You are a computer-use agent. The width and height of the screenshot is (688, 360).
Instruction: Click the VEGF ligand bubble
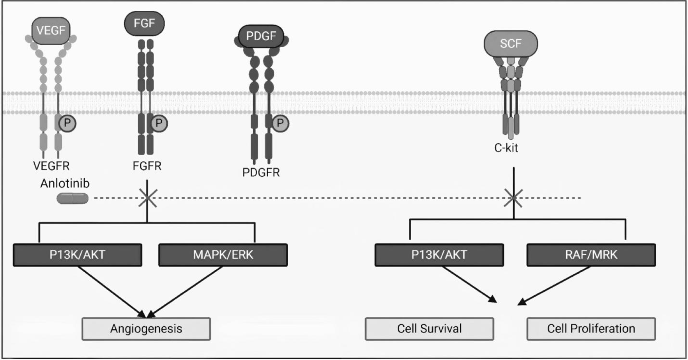click(x=51, y=31)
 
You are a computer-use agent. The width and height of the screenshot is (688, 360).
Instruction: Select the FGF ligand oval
click(x=144, y=23)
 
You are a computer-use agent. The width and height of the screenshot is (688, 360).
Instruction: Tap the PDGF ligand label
click(x=261, y=36)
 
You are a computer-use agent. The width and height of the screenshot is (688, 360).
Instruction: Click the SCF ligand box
click(x=510, y=43)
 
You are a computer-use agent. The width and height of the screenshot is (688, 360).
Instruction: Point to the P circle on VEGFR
click(x=67, y=123)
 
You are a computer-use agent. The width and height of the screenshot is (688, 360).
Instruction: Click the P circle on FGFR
click(x=159, y=123)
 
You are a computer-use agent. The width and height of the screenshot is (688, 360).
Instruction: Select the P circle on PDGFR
click(x=280, y=123)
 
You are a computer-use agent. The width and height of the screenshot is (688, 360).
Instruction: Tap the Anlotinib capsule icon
click(x=72, y=198)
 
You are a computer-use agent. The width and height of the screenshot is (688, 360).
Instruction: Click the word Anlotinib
click(x=65, y=183)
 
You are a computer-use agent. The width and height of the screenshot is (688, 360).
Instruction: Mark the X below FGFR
click(x=147, y=198)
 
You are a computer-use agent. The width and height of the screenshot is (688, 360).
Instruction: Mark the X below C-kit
click(x=514, y=198)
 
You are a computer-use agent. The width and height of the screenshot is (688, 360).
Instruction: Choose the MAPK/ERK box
click(x=223, y=255)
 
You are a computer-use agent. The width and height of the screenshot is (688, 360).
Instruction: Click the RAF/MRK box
click(x=591, y=255)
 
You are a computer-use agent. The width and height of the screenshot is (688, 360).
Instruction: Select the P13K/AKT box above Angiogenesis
click(x=77, y=255)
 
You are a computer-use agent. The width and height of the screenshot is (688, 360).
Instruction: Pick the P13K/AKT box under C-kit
click(x=439, y=255)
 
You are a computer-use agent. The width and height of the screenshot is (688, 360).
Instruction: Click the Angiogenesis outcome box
click(x=146, y=329)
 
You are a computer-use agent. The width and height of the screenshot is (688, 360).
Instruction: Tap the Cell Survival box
click(x=429, y=329)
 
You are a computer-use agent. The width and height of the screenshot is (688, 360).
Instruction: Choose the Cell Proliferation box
click(x=591, y=329)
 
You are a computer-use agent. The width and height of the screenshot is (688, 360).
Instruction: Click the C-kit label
click(x=506, y=148)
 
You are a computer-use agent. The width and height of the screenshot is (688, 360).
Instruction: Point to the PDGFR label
click(x=261, y=173)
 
